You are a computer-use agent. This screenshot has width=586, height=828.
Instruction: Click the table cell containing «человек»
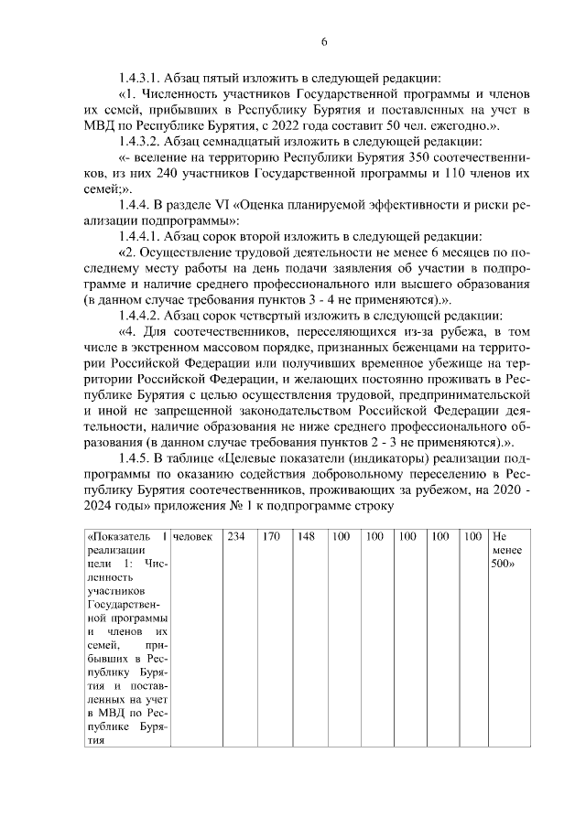191,536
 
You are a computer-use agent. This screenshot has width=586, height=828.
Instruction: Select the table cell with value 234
235,536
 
